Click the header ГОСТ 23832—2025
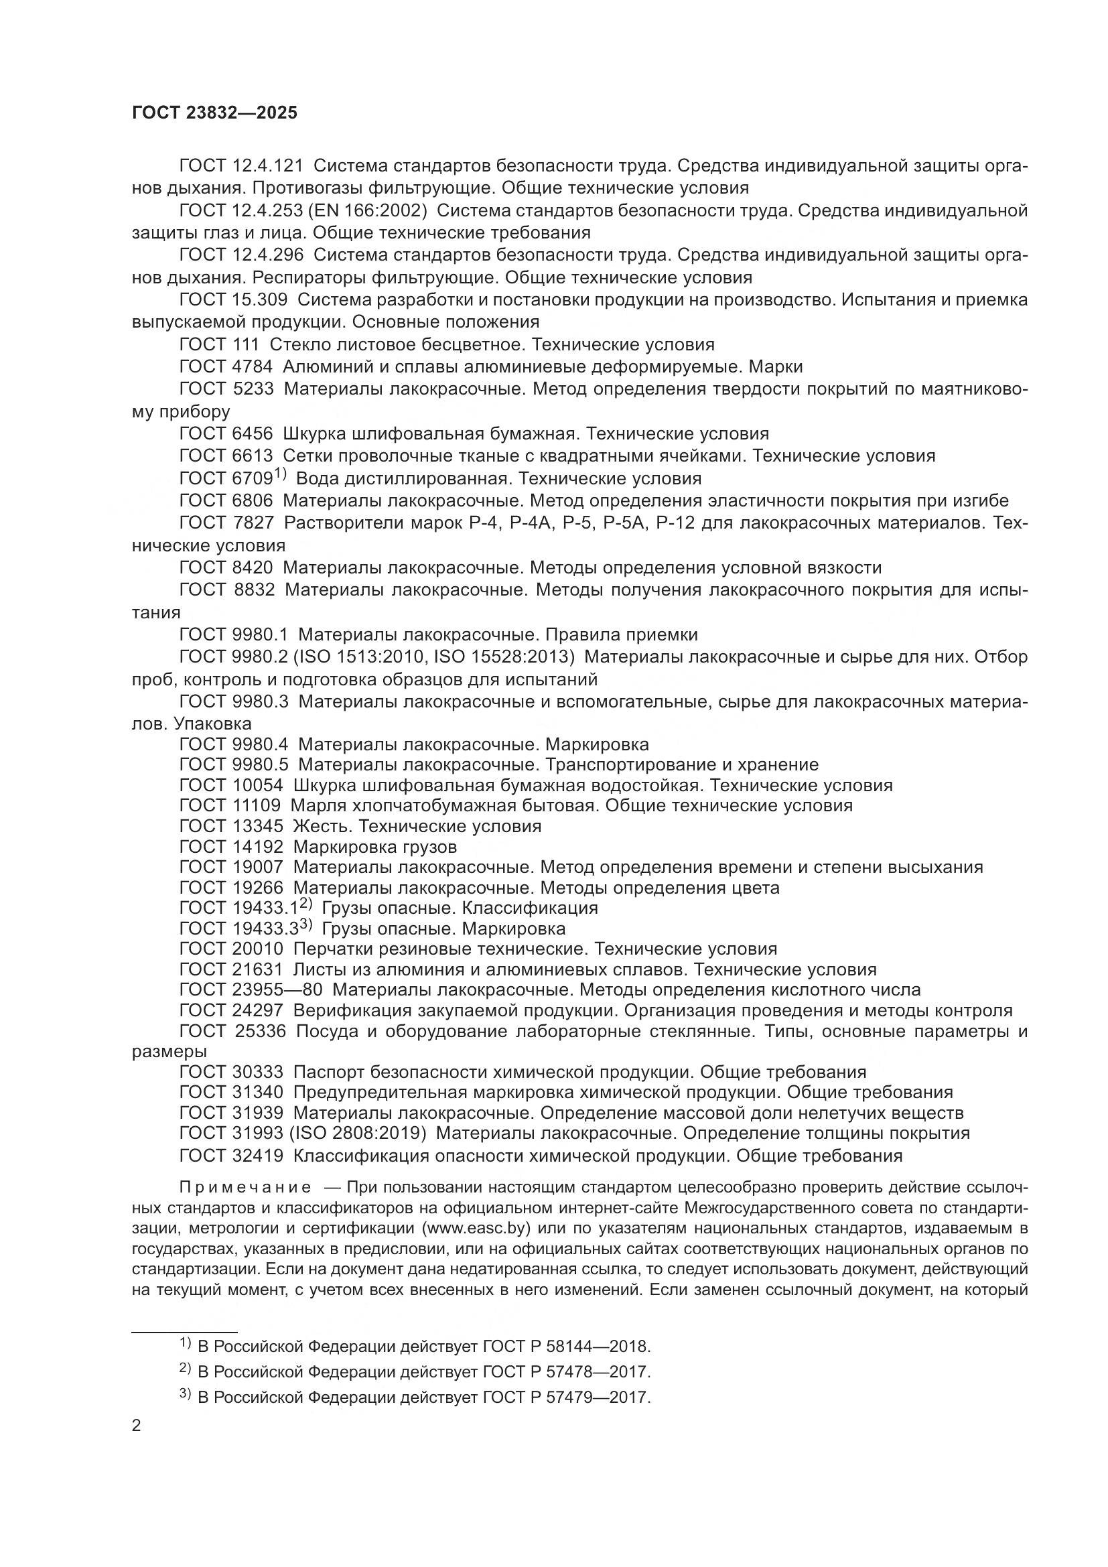pos(214,113)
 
